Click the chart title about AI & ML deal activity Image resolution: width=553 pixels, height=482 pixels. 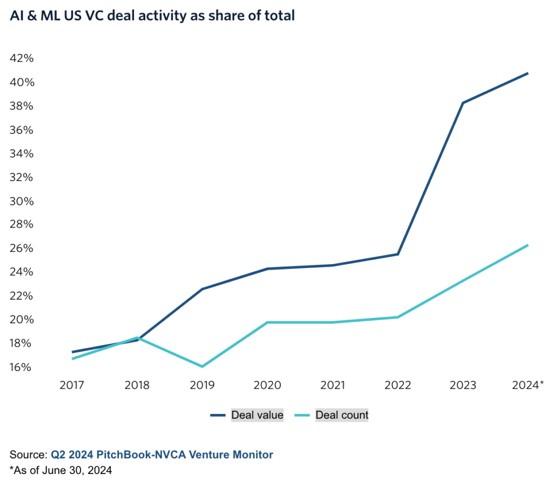click(x=152, y=16)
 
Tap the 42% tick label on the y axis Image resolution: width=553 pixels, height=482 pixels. click(x=22, y=58)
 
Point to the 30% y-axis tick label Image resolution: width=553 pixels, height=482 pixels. click(x=22, y=201)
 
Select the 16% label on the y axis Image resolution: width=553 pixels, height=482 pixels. click(x=22, y=367)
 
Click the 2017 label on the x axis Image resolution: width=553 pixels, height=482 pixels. click(x=72, y=385)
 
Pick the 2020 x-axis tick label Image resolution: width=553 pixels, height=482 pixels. click(x=267, y=385)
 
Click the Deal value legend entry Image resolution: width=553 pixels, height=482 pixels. click(x=257, y=415)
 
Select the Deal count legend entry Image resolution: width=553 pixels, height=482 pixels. click(x=342, y=415)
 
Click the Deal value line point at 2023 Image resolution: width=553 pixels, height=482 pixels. click(x=463, y=102)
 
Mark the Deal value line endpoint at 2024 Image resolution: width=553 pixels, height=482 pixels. click(x=528, y=73)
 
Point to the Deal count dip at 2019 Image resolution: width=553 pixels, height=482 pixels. click(x=202, y=367)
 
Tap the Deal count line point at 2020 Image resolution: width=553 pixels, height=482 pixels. click(x=267, y=322)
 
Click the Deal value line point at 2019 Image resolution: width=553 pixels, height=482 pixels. click(x=202, y=289)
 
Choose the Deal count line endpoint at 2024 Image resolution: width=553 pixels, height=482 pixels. click(x=528, y=245)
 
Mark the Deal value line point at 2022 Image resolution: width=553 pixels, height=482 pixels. click(x=398, y=254)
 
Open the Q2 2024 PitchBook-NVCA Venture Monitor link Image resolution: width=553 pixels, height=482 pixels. click(x=162, y=455)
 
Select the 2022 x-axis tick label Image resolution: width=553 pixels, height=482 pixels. click(x=398, y=385)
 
